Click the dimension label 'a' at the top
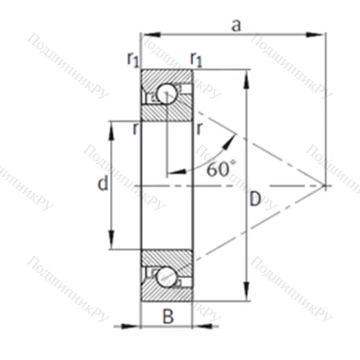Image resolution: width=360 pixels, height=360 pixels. [x=236, y=26]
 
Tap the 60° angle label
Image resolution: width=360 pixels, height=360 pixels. [x=221, y=168]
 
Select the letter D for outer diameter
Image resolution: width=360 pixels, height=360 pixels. [x=255, y=199]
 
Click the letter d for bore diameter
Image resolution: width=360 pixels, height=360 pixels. [x=103, y=183]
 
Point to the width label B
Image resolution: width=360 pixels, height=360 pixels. [x=168, y=316]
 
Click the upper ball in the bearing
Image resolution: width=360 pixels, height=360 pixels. [x=167, y=94]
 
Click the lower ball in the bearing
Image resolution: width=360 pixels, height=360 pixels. [x=166, y=276]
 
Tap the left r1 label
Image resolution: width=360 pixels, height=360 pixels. [x=133, y=59]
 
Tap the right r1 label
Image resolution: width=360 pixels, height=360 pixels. [x=196, y=59]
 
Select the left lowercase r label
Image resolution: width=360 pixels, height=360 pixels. [x=136, y=129]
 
